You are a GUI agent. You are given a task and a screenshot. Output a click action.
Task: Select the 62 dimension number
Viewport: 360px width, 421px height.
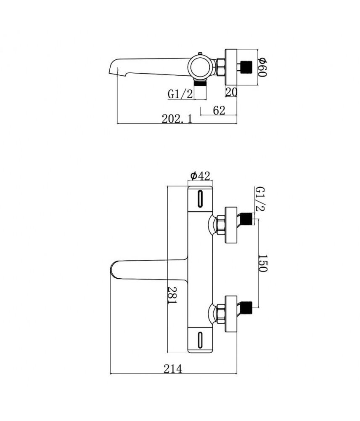point(219,110)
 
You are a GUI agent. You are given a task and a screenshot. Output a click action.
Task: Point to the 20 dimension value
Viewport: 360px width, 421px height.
point(231,92)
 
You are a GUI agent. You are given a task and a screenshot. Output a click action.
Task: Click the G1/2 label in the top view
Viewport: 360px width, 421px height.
point(180,94)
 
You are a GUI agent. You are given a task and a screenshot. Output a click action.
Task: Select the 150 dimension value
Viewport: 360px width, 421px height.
point(262,263)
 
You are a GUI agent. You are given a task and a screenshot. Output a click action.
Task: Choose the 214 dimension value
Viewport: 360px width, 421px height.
point(173,369)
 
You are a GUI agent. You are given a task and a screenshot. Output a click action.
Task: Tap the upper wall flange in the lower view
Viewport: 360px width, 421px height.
point(233,225)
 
